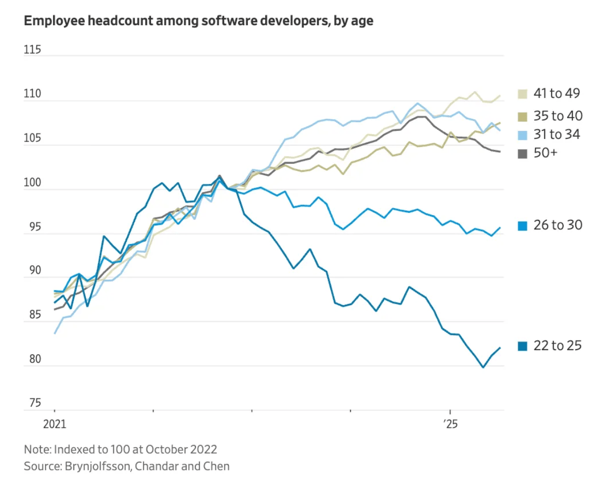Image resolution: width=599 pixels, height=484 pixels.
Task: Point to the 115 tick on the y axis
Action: point(32,51)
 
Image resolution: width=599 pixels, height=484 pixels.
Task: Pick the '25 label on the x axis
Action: point(450,424)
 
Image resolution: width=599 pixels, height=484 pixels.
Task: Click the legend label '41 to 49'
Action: point(557,93)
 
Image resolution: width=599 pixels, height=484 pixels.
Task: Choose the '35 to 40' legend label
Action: point(558,116)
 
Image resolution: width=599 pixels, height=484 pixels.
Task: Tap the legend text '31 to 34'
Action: point(557,134)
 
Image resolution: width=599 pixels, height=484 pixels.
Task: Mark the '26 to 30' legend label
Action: point(558,225)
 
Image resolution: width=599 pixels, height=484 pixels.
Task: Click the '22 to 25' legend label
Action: point(558,346)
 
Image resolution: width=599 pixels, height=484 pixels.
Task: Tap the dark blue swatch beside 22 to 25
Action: point(523,346)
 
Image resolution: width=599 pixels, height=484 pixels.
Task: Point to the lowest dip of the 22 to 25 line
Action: point(483,367)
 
